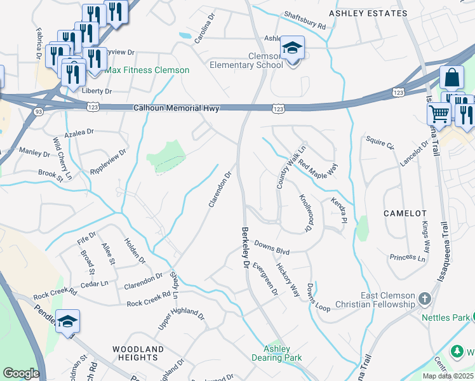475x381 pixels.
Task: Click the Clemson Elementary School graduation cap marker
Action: (x=292, y=48)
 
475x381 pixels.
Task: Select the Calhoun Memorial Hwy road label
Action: (x=176, y=109)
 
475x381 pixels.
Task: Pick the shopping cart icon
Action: (x=439, y=115)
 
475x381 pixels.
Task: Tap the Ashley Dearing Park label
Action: (x=277, y=353)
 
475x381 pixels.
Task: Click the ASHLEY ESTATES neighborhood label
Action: (x=368, y=13)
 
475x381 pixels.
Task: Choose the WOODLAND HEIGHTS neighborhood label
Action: (x=138, y=354)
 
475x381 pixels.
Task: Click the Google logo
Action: (x=22, y=373)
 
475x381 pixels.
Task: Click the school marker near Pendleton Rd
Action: (x=67, y=321)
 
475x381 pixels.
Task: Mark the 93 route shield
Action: (x=37, y=112)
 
